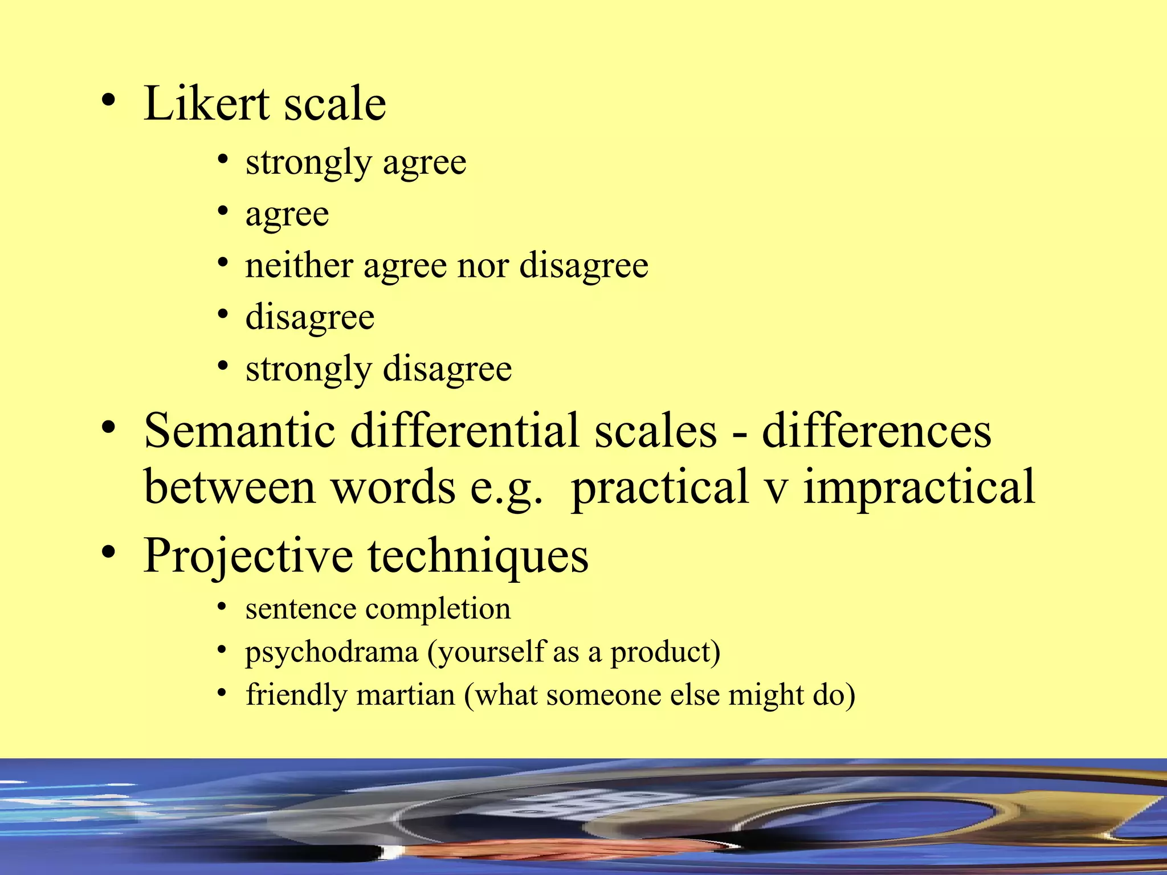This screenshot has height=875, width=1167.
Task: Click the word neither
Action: [x=299, y=265]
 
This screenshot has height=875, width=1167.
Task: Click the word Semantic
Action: [x=239, y=431]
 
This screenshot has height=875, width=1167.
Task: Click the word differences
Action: [x=876, y=431]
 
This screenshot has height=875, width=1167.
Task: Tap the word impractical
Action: [x=919, y=487]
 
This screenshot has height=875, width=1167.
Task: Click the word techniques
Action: [x=478, y=557]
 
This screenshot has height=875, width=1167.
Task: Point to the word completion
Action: [x=438, y=608]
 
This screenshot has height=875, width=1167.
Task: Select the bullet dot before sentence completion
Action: [x=223, y=606]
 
